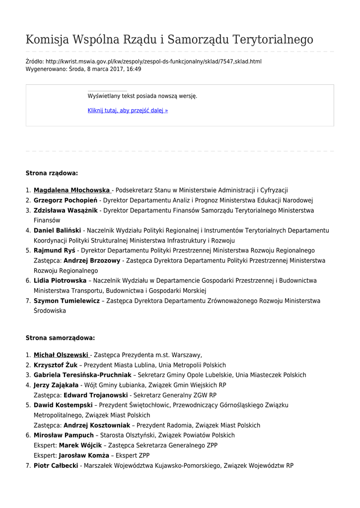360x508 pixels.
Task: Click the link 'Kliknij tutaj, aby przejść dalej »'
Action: (x=128, y=110)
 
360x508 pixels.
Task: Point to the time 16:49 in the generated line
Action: (x=134, y=69)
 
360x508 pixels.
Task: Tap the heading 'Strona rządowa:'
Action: (x=52, y=173)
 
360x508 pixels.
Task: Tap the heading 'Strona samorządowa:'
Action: (x=60, y=338)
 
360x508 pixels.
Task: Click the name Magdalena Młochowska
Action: (x=72, y=190)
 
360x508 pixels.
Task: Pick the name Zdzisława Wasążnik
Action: (x=66, y=210)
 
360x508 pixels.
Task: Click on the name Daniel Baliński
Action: (x=57, y=231)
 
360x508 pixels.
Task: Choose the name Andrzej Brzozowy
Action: (x=92, y=260)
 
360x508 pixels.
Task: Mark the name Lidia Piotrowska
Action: (x=60, y=281)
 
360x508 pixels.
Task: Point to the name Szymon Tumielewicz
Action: (x=67, y=301)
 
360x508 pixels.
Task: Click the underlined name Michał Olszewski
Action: (x=61, y=355)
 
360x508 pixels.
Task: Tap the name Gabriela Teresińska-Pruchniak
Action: (x=82, y=375)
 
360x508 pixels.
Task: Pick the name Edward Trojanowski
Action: (x=95, y=395)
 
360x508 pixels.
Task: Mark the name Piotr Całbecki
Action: (x=56, y=465)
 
